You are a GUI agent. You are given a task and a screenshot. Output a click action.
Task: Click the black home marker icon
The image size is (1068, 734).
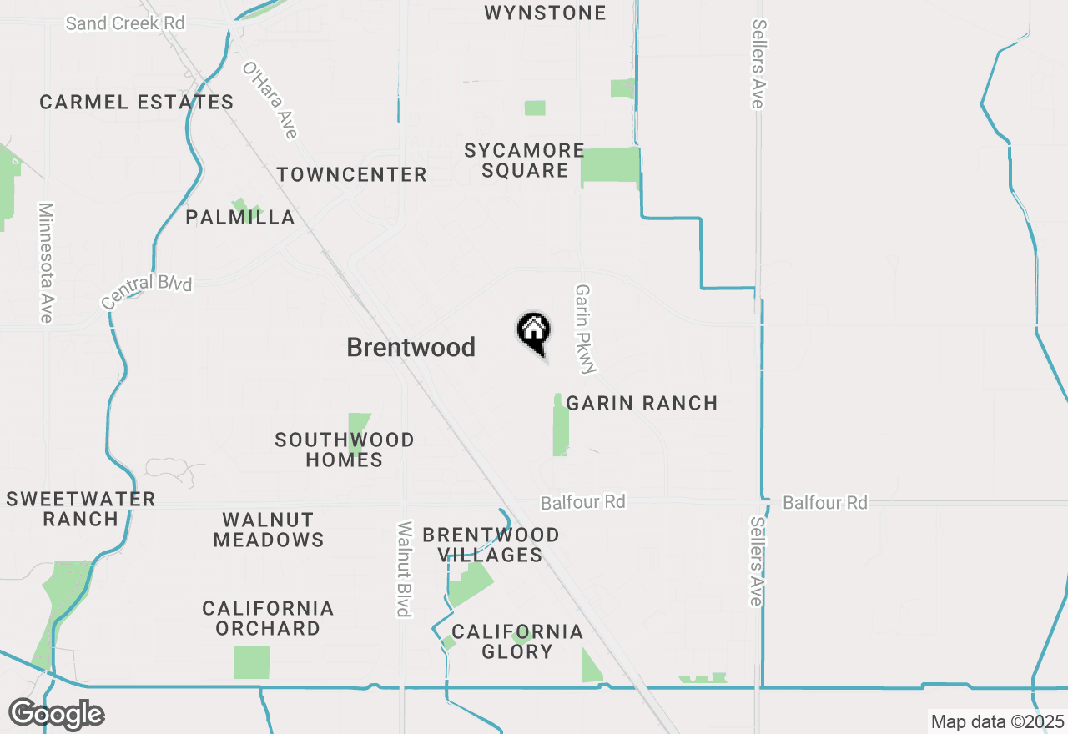click(x=533, y=332)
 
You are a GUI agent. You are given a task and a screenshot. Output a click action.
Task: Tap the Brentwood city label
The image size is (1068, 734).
click(x=411, y=347)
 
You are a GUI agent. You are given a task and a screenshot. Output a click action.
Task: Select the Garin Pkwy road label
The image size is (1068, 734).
click(x=584, y=329)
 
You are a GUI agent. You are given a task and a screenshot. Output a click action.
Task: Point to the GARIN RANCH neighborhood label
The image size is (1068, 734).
click(x=642, y=403)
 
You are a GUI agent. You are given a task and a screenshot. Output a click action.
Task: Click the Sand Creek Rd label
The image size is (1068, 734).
click(x=125, y=23)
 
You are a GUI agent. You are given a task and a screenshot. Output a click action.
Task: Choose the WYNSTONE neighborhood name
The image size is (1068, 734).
click(x=545, y=13)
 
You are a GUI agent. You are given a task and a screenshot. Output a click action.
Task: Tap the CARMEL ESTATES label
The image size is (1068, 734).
click(x=137, y=103)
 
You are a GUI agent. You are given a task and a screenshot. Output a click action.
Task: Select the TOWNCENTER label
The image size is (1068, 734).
click(x=351, y=174)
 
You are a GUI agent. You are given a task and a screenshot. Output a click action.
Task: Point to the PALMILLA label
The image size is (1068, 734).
click(x=240, y=218)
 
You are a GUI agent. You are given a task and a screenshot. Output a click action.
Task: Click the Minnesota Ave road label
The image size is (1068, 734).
click(x=46, y=262)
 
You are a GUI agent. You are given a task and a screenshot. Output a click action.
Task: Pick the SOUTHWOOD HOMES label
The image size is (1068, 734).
click(x=345, y=450)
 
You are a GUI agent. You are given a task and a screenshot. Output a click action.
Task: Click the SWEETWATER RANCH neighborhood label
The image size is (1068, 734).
click(x=81, y=509)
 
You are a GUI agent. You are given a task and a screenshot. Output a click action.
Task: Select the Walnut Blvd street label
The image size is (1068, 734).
click(x=405, y=569)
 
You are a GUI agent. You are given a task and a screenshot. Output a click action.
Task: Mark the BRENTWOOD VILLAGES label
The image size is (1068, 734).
click(x=491, y=545)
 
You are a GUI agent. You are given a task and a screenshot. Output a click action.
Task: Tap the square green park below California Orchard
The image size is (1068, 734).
click(x=251, y=661)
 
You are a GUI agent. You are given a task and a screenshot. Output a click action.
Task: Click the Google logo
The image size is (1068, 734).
click(x=57, y=715)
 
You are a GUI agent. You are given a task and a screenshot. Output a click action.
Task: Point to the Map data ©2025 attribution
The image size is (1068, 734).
click(x=997, y=721)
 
